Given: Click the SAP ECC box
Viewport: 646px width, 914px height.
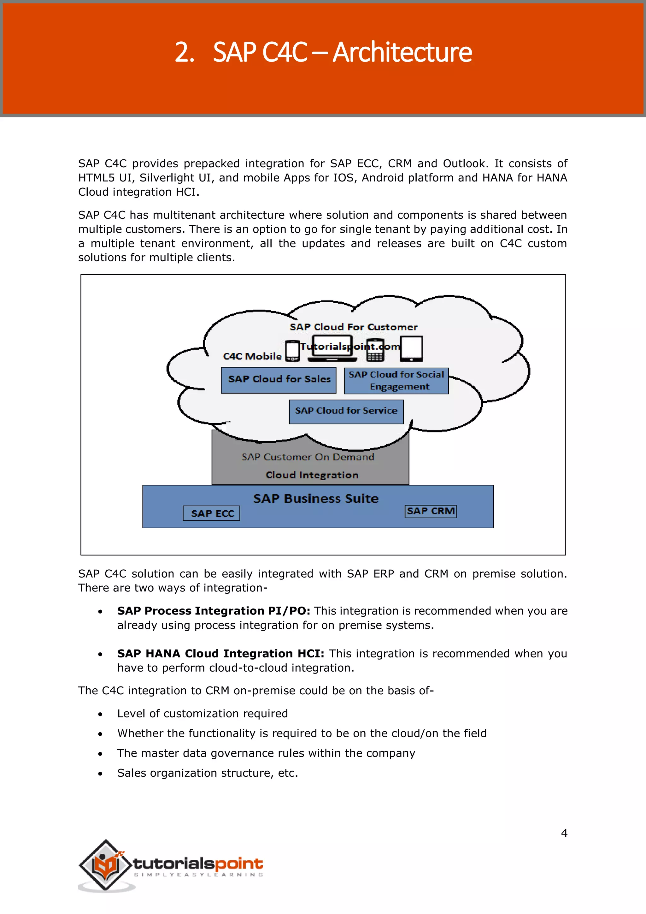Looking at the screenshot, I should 211,513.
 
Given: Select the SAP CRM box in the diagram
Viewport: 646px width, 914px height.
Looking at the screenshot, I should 430,511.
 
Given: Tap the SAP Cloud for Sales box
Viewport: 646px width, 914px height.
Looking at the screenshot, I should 279,380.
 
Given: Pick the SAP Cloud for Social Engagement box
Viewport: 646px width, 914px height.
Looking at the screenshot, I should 396,381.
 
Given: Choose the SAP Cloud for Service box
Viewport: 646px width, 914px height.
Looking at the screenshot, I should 346,411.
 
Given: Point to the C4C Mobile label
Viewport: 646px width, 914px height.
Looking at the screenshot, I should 252,356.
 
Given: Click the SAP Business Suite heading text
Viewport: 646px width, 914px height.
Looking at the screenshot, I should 316,498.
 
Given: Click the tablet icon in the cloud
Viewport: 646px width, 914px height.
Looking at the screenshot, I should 411,349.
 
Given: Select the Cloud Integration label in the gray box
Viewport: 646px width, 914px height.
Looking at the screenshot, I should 312,475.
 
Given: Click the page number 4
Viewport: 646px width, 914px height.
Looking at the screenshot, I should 564,833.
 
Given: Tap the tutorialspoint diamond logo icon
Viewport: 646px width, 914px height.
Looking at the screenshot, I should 105,865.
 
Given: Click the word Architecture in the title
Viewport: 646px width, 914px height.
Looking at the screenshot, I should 402,52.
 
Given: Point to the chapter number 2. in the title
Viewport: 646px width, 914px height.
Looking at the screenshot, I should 185,52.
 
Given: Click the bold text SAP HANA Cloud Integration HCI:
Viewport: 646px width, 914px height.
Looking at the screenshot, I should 220,653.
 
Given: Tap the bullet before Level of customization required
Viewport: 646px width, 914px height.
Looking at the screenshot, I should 100,714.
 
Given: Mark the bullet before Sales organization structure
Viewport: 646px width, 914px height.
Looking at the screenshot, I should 100,774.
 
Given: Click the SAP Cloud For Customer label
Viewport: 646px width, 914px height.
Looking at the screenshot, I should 353,327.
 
